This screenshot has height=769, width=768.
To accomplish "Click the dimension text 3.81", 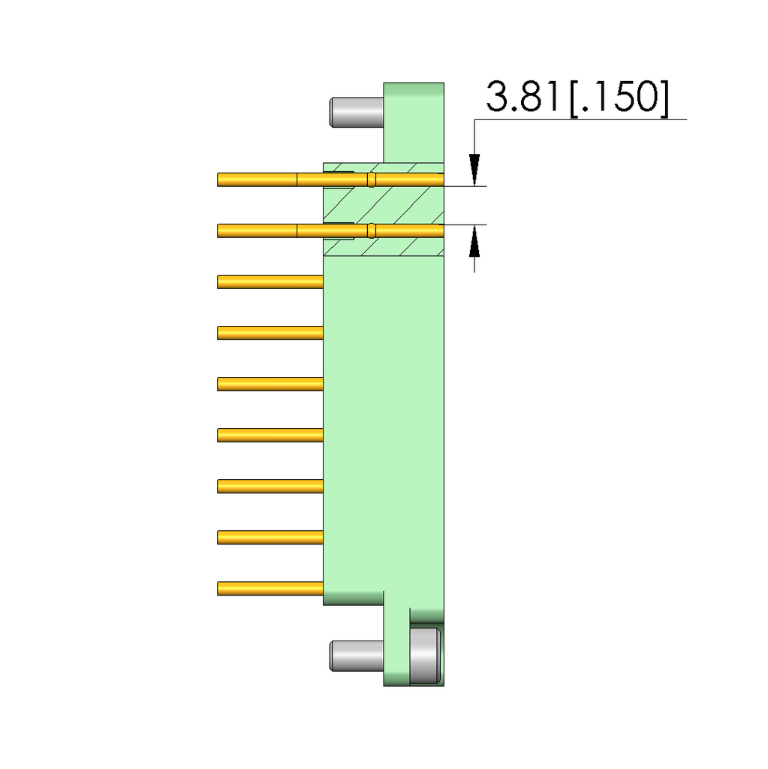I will point(524,98).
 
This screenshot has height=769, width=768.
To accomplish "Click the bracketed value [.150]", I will point(618,98).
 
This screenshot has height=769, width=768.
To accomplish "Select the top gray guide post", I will point(357,111).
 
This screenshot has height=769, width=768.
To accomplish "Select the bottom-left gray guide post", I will point(357,656).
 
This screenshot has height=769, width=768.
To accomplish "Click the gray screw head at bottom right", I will point(425,656).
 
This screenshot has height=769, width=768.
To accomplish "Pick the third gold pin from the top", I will point(270,282).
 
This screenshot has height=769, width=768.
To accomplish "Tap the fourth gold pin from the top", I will point(270,333).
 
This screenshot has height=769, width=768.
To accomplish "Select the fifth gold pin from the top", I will point(270,384).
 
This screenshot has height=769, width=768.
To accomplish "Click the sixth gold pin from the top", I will point(270,435).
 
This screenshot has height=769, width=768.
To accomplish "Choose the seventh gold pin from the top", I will point(270,486).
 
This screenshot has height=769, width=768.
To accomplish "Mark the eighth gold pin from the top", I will point(270,537).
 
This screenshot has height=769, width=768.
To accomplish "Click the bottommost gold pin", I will point(270,588).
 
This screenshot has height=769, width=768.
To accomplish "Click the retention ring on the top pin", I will point(371,179).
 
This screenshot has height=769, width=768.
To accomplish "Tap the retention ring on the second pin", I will point(371,231).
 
